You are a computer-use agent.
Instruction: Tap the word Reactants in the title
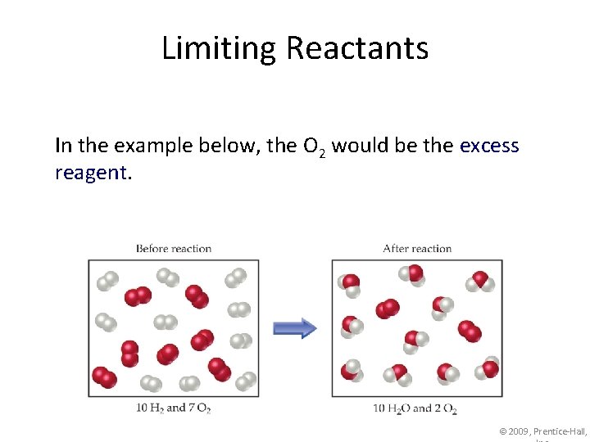click(x=356, y=48)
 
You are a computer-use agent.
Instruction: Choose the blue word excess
click(x=489, y=146)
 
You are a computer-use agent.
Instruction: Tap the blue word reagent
click(x=90, y=173)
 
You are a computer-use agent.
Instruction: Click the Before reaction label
click(x=173, y=249)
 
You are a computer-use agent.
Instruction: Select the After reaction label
click(x=417, y=249)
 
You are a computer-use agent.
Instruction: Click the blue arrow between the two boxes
click(x=294, y=329)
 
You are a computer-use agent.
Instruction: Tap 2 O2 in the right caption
click(x=445, y=408)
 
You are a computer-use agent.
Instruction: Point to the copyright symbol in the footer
click(x=503, y=431)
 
